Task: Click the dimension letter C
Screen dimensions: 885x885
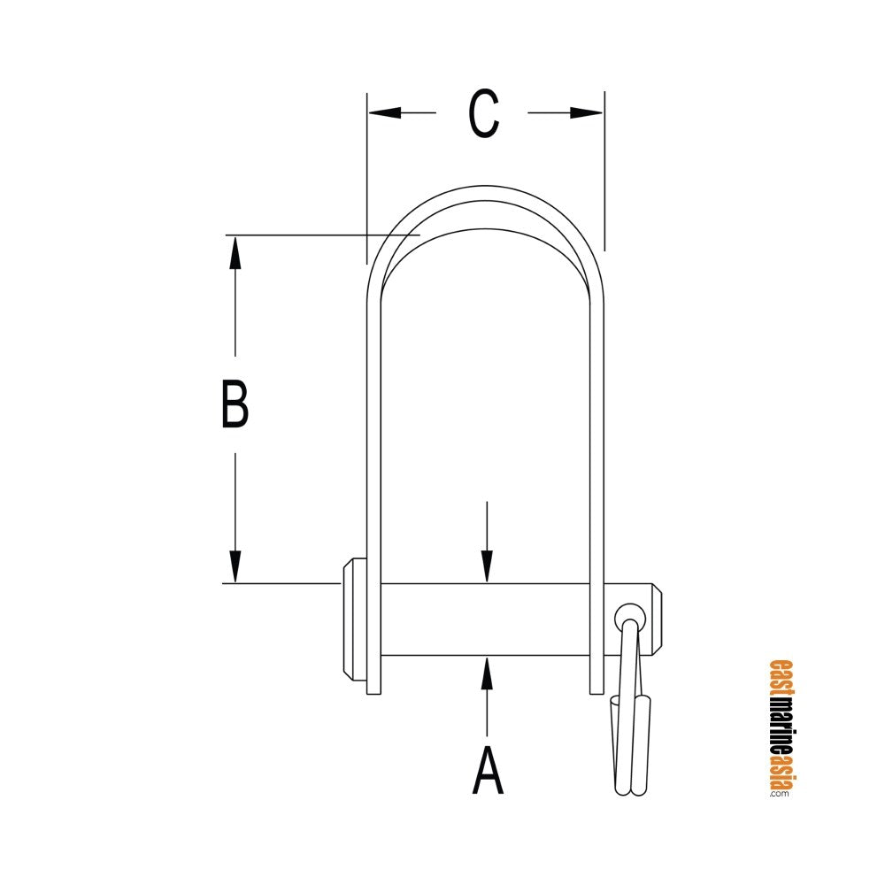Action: click(484, 113)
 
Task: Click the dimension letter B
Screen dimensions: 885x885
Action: click(235, 404)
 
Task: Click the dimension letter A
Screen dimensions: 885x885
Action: click(487, 771)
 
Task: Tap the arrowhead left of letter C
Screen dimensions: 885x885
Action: click(385, 113)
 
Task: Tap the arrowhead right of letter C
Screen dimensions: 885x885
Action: click(587, 113)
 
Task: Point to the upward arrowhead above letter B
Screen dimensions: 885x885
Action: click(235, 253)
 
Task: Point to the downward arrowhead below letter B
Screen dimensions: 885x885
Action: click(235, 566)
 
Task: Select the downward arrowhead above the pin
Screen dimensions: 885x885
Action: click(487, 566)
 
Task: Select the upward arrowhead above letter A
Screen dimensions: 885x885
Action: click(487, 673)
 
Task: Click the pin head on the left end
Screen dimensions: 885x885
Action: click(354, 619)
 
